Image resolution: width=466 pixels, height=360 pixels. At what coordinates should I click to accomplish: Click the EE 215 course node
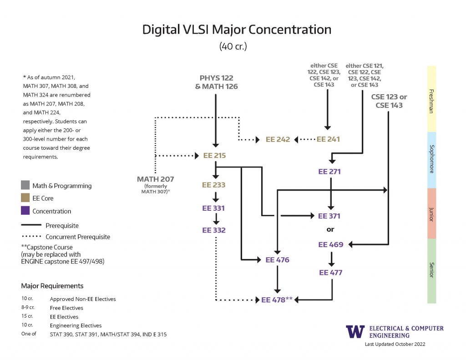(x=214, y=156)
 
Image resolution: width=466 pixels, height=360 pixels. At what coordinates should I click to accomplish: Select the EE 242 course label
(x=278, y=139)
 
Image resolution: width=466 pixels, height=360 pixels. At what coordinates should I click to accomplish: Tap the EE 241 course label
(x=328, y=139)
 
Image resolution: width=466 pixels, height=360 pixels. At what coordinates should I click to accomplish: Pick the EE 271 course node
(x=329, y=172)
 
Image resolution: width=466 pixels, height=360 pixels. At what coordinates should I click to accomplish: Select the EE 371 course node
(x=329, y=216)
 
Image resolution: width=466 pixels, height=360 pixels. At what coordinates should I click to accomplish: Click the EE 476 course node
(x=278, y=260)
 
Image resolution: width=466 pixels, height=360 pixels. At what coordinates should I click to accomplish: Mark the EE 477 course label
(x=330, y=273)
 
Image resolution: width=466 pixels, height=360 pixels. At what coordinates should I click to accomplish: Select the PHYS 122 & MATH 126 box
(x=216, y=82)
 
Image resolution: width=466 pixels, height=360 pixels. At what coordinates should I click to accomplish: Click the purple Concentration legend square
(x=25, y=211)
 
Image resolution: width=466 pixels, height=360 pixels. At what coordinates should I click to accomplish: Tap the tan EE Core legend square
(x=25, y=198)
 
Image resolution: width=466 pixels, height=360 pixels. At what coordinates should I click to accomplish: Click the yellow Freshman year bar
(x=431, y=99)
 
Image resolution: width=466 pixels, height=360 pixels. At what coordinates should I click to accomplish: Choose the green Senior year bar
(x=431, y=271)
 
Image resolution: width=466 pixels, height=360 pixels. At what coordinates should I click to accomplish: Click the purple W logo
(x=355, y=331)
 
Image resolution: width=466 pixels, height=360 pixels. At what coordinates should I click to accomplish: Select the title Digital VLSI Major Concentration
(x=237, y=30)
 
